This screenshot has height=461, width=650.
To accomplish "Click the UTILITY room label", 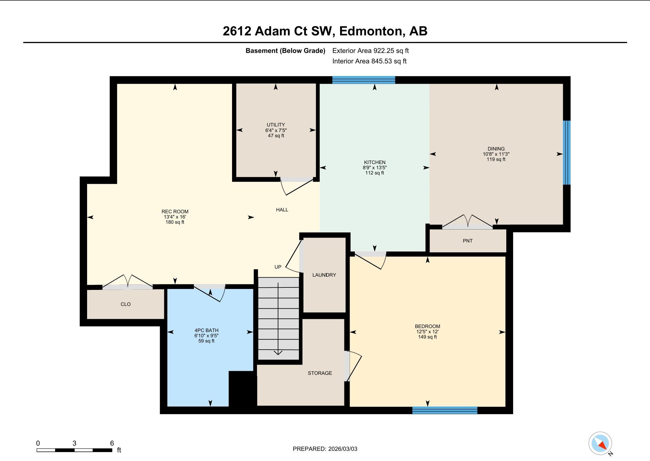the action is pyautogui.click(x=276, y=125).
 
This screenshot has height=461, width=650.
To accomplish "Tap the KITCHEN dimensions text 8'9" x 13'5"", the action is pyautogui.click(x=375, y=168).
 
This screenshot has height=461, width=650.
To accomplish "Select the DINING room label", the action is pyautogui.click(x=496, y=149).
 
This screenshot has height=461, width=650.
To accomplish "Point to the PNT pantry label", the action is pyautogui.click(x=467, y=241).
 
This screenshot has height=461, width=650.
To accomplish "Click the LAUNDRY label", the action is pyautogui.click(x=324, y=275).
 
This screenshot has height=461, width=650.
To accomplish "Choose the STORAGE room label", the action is pyautogui.click(x=320, y=373).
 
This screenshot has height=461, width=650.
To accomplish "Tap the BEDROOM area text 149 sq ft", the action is pyautogui.click(x=427, y=337).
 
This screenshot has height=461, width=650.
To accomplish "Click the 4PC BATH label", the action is pyautogui.click(x=206, y=330).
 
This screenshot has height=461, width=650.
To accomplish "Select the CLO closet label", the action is pyautogui.click(x=126, y=304).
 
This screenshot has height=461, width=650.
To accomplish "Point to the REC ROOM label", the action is pyautogui.click(x=175, y=211).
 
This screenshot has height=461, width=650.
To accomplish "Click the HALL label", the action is pyautogui.click(x=282, y=210).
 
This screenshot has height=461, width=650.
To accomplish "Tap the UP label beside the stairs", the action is pyautogui.click(x=278, y=267).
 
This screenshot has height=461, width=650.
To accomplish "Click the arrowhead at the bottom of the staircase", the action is pyautogui.click(x=278, y=353).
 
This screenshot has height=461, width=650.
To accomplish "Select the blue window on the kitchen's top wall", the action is pyautogui.click(x=363, y=80).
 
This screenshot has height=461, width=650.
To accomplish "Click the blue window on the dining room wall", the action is pyautogui.click(x=567, y=153).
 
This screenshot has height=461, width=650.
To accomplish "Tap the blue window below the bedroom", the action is pyautogui.click(x=445, y=410).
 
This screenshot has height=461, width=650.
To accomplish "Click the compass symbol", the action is pyautogui.click(x=600, y=443).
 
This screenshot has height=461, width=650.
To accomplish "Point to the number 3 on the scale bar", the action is pyautogui.click(x=74, y=443).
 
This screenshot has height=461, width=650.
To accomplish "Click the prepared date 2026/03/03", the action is pyautogui.click(x=343, y=449).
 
